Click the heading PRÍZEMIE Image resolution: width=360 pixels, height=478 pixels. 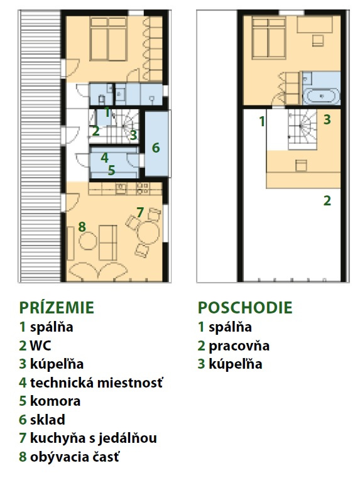[57, 307]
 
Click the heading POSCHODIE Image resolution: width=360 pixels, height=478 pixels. [245, 307]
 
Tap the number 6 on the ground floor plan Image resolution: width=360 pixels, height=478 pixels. [156, 148]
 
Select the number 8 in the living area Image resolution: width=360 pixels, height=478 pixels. [82, 227]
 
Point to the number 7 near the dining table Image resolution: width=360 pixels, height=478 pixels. [140, 212]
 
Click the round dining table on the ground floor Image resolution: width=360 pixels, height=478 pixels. [148, 233]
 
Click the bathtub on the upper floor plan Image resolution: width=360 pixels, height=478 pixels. [322, 96]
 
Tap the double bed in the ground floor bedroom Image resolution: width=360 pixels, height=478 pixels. [108, 38]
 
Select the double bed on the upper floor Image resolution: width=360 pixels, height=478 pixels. [268, 38]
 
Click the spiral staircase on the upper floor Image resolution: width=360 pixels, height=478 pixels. [300, 129]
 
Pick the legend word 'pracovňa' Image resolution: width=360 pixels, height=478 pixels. [239, 346]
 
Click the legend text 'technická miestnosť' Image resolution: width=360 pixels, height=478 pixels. [97, 383]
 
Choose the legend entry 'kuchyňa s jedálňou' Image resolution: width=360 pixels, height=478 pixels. [94, 438]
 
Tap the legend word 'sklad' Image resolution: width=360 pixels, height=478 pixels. [48, 420]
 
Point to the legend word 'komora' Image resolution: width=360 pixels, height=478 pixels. [55, 401]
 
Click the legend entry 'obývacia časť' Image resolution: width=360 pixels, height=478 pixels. [75, 457]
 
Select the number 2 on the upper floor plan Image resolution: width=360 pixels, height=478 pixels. [327, 201]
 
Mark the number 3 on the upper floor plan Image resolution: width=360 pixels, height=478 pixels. [327, 119]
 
